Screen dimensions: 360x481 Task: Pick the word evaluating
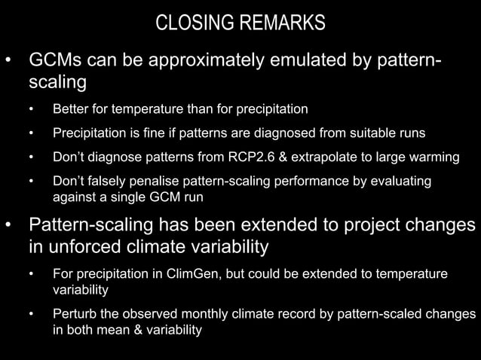click(404, 182)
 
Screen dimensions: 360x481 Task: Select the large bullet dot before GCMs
click(10, 59)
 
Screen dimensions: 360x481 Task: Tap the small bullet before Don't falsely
click(31, 182)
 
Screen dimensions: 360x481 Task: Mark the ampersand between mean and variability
click(128, 330)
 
